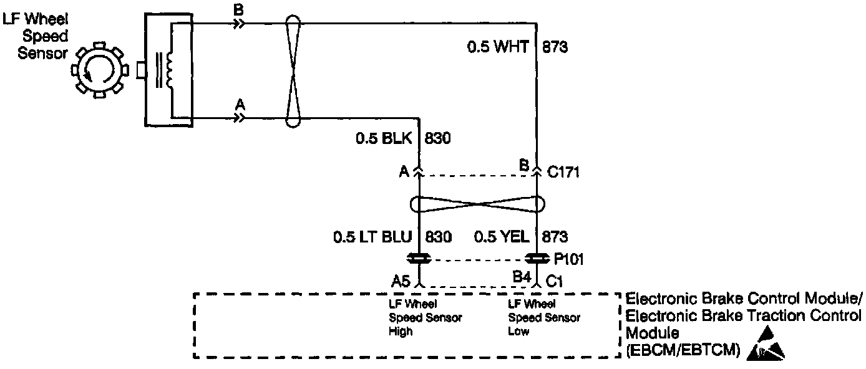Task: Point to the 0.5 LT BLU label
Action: [x=372, y=237]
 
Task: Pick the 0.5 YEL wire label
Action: [x=502, y=237]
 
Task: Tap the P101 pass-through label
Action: [x=567, y=258]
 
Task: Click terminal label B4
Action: [x=522, y=276]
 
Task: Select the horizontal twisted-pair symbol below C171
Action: [x=477, y=204]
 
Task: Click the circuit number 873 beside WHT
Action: [x=555, y=47]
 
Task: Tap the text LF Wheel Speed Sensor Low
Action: [x=535, y=317]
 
